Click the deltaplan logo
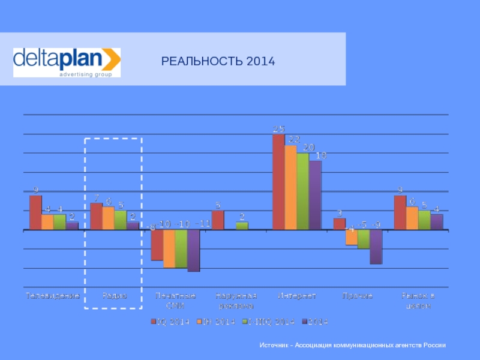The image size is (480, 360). [x=67, y=62]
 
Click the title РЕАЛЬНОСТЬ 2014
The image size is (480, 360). [x=218, y=61]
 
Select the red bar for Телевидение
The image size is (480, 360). [x=35, y=213]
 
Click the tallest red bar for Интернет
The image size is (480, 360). [x=278, y=182]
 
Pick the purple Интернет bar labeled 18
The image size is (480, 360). [x=315, y=195]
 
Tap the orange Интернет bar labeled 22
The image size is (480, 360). [x=290, y=188]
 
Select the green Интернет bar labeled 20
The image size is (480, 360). [x=302, y=191]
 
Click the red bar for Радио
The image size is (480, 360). [x=96, y=217]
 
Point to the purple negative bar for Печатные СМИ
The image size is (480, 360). [x=193, y=250]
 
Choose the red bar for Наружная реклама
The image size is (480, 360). [x=218, y=220]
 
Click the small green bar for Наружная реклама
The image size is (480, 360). [x=242, y=226]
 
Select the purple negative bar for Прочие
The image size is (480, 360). [x=376, y=247]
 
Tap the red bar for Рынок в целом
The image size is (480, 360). [x=400, y=213]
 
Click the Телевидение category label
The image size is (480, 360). [x=53, y=296]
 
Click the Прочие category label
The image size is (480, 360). [x=357, y=296]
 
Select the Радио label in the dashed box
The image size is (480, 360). [x=114, y=296]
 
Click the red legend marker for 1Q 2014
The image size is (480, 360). [x=154, y=322]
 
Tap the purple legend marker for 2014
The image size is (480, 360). [x=304, y=322]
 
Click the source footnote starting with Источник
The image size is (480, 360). [x=353, y=346]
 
